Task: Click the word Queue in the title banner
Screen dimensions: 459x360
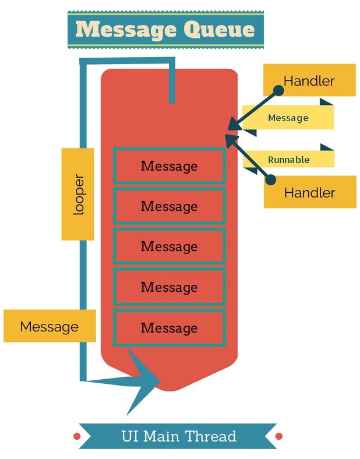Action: (220, 29)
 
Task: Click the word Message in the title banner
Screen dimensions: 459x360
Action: (127, 29)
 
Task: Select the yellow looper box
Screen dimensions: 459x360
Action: (77, 194)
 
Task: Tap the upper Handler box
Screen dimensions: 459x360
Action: (309, 80)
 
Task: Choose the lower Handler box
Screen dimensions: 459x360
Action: (310, 192)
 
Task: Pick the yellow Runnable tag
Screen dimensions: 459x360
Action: (289, 160)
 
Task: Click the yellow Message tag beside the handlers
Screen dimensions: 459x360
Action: (288, 118)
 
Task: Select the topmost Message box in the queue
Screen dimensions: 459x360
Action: (169, 166)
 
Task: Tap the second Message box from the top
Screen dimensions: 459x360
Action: (169, 206)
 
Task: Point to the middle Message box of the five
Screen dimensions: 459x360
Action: (169, 246)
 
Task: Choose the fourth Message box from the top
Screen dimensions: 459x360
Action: (169, 287)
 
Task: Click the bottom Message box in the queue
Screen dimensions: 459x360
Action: (169, 327)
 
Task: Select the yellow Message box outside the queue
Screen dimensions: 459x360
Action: (50, 326)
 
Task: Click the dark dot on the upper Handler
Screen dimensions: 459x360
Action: (278, 91)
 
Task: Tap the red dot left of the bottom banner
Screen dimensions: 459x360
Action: (76, 436)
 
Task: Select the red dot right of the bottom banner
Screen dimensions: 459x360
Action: (278, 436)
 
